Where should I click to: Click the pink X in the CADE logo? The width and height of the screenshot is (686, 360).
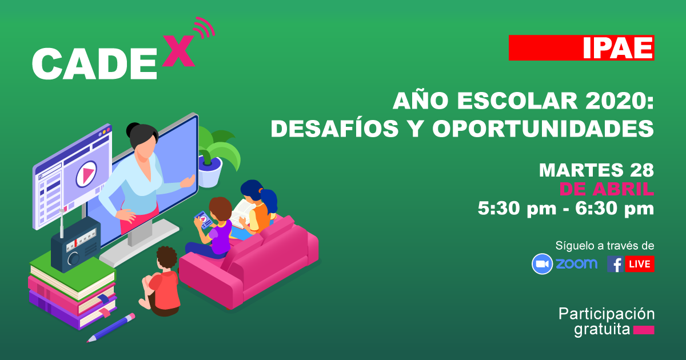(178, 51)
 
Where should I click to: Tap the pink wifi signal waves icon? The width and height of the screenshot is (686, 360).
(205, 27)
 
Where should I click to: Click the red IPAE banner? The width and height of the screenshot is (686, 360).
(581, 48)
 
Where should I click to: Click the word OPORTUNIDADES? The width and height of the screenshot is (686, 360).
(543, 128)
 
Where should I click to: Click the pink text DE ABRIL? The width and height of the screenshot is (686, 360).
(607, 189)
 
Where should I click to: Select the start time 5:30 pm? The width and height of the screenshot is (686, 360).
(517, 209)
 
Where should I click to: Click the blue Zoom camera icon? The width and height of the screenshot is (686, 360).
(542, 264)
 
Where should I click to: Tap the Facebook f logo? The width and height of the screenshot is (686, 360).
(616, 264)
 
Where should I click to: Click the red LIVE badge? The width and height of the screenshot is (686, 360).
(640, 264)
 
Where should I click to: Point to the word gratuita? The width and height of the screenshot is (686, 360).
(602, 330)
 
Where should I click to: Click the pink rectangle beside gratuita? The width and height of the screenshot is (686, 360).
(644, 330)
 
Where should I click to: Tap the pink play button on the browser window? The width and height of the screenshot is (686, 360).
(86, 174)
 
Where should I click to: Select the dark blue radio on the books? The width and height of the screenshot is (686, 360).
(75, 245)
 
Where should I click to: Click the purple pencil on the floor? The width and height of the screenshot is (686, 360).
(111, 327)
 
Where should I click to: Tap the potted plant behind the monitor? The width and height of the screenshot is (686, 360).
(216, 156)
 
